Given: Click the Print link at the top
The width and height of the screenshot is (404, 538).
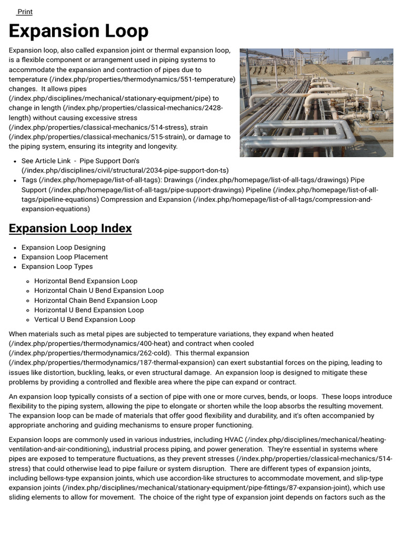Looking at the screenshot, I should pyautogui.click(x=25, y=12).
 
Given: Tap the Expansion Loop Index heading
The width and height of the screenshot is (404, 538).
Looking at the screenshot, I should pyautogui.click(x=70, y=229).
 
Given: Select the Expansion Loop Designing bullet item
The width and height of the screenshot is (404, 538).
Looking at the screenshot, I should pyautogui.click(x=63, y=247).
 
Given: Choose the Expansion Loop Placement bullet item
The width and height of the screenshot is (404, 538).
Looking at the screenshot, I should pyautogui.click(x=64, y=257).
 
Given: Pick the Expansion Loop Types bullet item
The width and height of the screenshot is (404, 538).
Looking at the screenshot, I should pyautogui.click(x=57, y=266).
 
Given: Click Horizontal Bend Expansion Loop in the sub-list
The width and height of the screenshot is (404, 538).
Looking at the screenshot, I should pyautogui.click(x=86, y=281).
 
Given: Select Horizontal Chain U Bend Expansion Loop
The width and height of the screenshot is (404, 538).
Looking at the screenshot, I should pyautogui.click(x=99, y=291).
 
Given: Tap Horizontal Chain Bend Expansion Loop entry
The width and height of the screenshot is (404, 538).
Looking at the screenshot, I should pyautogui.click(x=96, y=301).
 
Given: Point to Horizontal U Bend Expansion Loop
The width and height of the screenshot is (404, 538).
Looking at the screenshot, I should pyautogui.click(x=89, y=310).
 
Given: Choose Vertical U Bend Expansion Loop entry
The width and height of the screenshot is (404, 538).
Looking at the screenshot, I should pyautogui.click(x=85, y=319).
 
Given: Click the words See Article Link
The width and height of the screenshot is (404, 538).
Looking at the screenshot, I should pyautogui.click(x=46, y=161).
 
